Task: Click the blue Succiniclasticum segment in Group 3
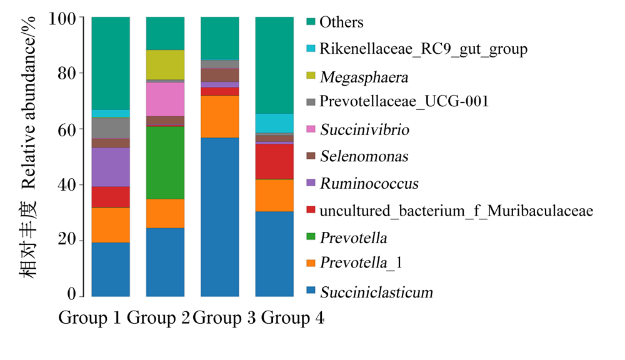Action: (x=219, y=217)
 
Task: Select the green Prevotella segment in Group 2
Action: (x=165, y=162)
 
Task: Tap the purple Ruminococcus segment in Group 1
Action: (x=111, y=167)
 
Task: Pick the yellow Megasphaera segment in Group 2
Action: (x=165, y=64)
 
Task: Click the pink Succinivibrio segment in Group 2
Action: (x=165, y=99)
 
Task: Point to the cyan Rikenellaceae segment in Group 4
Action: (x=274, y=123)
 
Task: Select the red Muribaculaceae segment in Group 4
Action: (x=274, y=161)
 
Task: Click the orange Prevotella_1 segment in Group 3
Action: (x=219, y=117)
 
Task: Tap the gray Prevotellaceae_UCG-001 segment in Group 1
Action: (x=111, y=128)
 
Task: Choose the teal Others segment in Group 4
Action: (x=274, y=66)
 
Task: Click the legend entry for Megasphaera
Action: (x=364, y=77)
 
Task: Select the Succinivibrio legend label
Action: (x=365, y=129)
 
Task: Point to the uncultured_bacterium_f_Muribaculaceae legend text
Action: (x=456, y=211)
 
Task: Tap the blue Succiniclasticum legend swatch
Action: (x=311, y=290)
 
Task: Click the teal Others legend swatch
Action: (x=311, y=21)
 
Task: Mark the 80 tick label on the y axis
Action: (x=67, y=73)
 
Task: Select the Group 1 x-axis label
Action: (x=89, y=317)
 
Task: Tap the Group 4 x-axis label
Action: (x=292, y=317)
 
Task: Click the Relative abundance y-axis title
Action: (x=28, y=103)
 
